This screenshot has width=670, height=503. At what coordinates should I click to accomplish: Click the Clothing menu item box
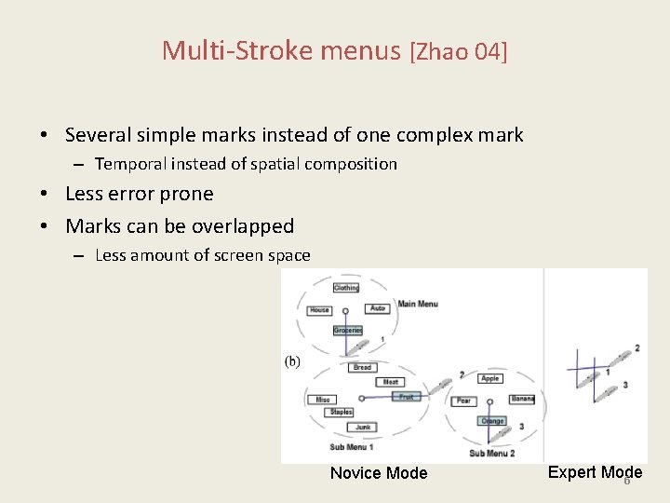[346, 288]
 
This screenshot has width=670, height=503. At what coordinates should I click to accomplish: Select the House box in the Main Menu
[319, 310]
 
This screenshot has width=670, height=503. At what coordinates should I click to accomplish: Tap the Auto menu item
[377, 308]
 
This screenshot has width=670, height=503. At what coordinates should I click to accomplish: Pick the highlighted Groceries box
[347, 330]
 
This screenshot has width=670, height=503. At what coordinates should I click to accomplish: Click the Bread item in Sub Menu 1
[362, 367]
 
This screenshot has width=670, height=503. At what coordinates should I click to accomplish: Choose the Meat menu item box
[391, 382]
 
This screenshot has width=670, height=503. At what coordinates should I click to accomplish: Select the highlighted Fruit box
[406, 396]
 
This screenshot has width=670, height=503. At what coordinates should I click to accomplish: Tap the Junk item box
[363, 428]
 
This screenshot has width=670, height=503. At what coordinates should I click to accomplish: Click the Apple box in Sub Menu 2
[490, 378]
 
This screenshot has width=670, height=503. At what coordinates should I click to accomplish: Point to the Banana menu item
[522, 400]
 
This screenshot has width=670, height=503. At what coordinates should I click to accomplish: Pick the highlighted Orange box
[492, 421]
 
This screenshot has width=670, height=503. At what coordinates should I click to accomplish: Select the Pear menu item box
[463, 401]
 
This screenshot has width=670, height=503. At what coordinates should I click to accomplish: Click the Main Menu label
[418, 303]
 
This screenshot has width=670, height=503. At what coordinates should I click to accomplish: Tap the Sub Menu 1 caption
[352, 448]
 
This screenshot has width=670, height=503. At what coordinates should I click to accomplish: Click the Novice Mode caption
[379, 473]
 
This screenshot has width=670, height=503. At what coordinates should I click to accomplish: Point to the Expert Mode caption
[595, 472]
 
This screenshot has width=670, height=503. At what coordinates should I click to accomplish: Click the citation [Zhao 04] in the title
[459, 50]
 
